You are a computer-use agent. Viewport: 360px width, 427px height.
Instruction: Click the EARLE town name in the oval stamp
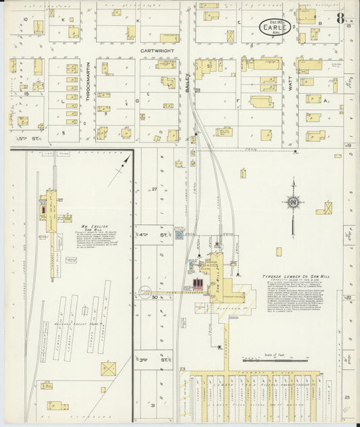(x=275, y=28)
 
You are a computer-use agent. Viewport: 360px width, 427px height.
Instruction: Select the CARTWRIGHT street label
(x=158, y=50)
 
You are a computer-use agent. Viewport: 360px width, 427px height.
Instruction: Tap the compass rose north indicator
(x=293, y=203)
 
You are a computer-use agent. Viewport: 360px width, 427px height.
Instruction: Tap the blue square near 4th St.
(x=179, y=235)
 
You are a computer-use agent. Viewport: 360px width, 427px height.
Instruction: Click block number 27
(x=154, y=189)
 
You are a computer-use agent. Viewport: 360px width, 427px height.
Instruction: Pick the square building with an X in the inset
(x=108, y=369)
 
